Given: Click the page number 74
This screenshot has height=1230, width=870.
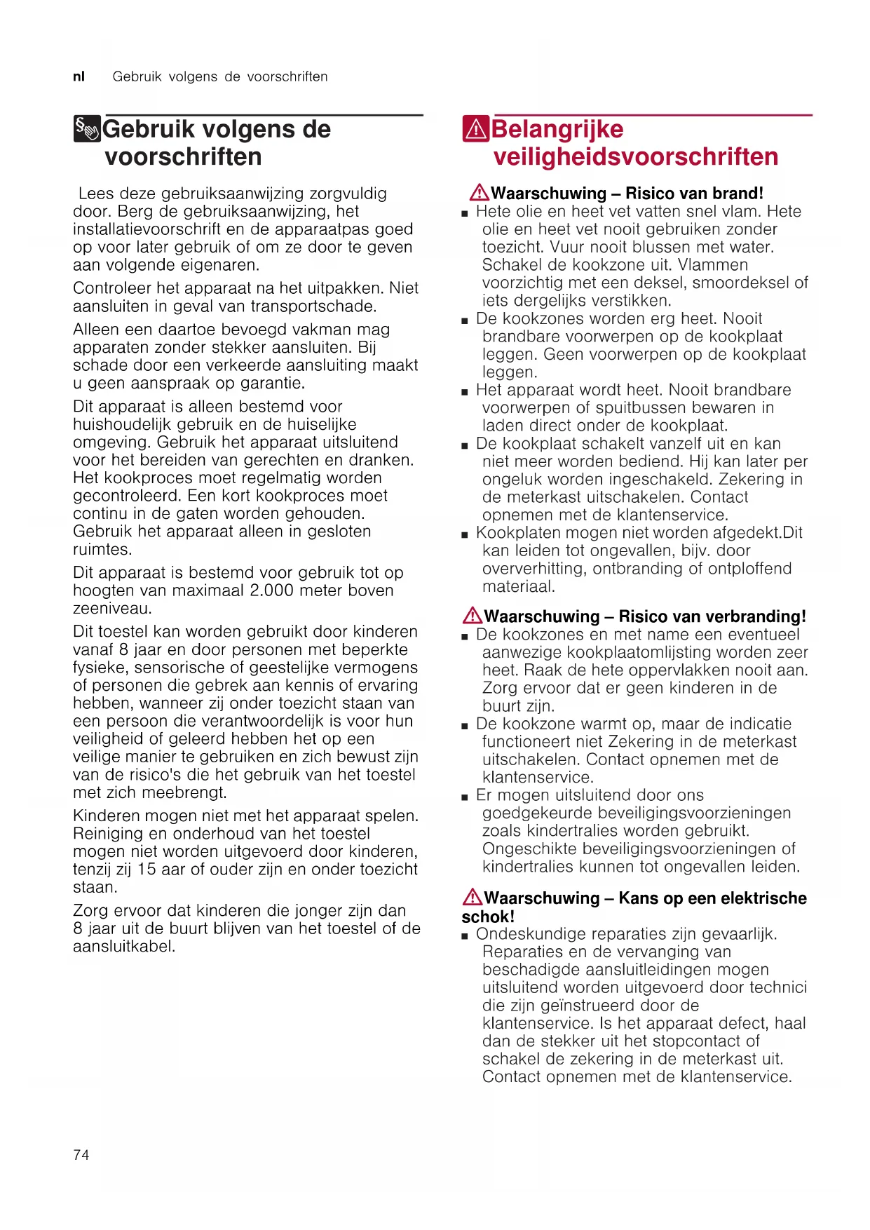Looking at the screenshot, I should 81,1155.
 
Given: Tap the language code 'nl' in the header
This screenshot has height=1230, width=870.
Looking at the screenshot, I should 79,76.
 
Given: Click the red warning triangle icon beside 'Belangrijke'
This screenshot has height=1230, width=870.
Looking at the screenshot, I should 475,129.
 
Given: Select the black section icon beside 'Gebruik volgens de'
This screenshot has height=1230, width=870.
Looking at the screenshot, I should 87,129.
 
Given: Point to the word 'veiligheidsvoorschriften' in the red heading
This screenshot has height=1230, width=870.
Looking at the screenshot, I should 635,157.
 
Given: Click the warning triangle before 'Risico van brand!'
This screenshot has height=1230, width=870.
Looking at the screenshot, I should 480,192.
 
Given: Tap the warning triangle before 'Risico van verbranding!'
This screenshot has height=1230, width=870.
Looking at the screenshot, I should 473,616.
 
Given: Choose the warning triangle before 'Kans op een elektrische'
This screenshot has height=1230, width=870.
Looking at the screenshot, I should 473,897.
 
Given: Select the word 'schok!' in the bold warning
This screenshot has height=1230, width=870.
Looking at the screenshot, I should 488,917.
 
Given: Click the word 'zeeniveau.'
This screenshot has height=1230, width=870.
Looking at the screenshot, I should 112,609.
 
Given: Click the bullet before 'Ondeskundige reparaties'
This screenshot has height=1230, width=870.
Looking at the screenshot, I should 465,935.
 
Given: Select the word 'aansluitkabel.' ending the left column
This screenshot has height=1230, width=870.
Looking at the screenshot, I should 124,947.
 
